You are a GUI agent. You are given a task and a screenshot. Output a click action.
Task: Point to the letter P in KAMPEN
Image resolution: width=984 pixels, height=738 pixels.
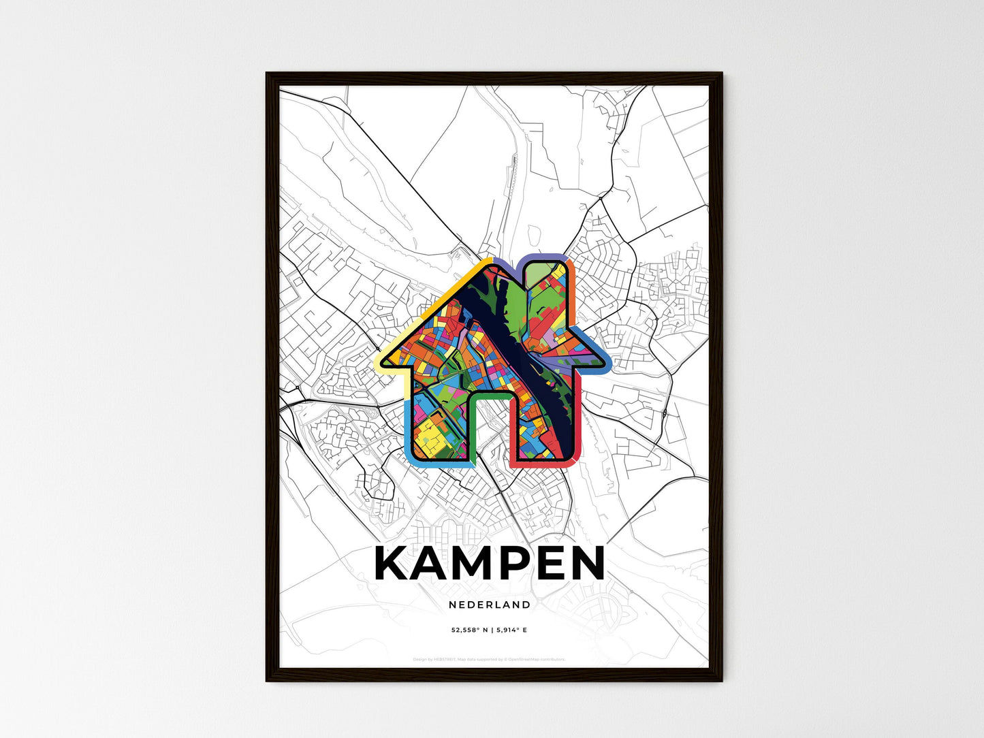[x=521, y=563]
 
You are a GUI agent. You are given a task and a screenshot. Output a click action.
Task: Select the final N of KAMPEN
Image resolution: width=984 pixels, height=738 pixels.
[x=586, y=563]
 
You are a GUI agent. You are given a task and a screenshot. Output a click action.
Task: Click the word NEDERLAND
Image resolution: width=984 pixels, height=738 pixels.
[x=490, y=605]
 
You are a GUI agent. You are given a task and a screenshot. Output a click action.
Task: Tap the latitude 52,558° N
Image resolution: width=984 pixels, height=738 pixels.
[x=469, y=630]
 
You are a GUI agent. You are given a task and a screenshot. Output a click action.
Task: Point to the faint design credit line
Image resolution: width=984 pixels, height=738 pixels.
[x=489, y=659]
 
